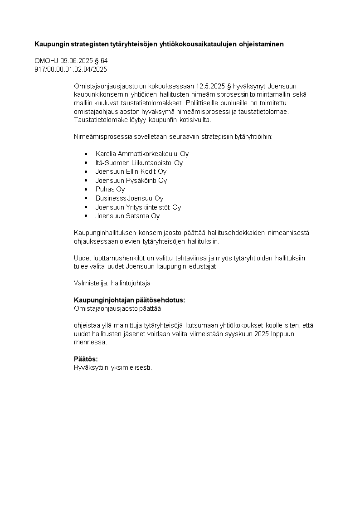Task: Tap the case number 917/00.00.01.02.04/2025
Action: coord(71,69)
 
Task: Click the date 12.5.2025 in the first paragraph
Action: coord(210,86)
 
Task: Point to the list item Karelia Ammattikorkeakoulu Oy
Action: coord(142,154)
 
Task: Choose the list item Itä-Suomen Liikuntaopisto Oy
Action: coord(139,162)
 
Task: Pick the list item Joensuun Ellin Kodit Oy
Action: coord(131,171)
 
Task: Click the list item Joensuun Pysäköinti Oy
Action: coord(131,180)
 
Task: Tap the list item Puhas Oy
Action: coord(110,189)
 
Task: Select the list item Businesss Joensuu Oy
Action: coord(129,198)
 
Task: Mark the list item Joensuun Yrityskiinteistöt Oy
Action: coord(138,207)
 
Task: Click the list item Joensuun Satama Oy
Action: coord(127,216)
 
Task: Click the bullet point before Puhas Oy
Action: coord(86,189)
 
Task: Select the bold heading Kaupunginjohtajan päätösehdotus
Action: coord(129,300)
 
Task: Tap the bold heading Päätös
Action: coord(86,359)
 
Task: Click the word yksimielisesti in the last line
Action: coord(131,367)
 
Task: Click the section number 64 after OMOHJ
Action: coord(104,61)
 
